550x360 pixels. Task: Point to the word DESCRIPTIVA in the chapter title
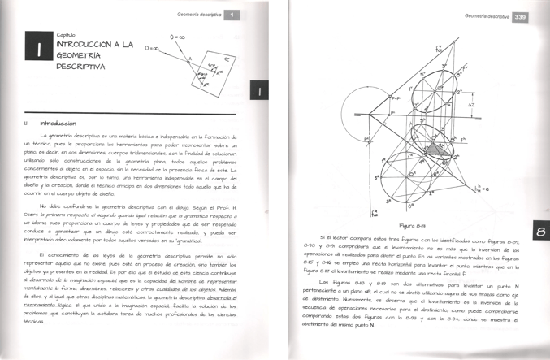pos(81,66)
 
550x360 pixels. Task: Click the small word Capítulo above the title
pos(66,34)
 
